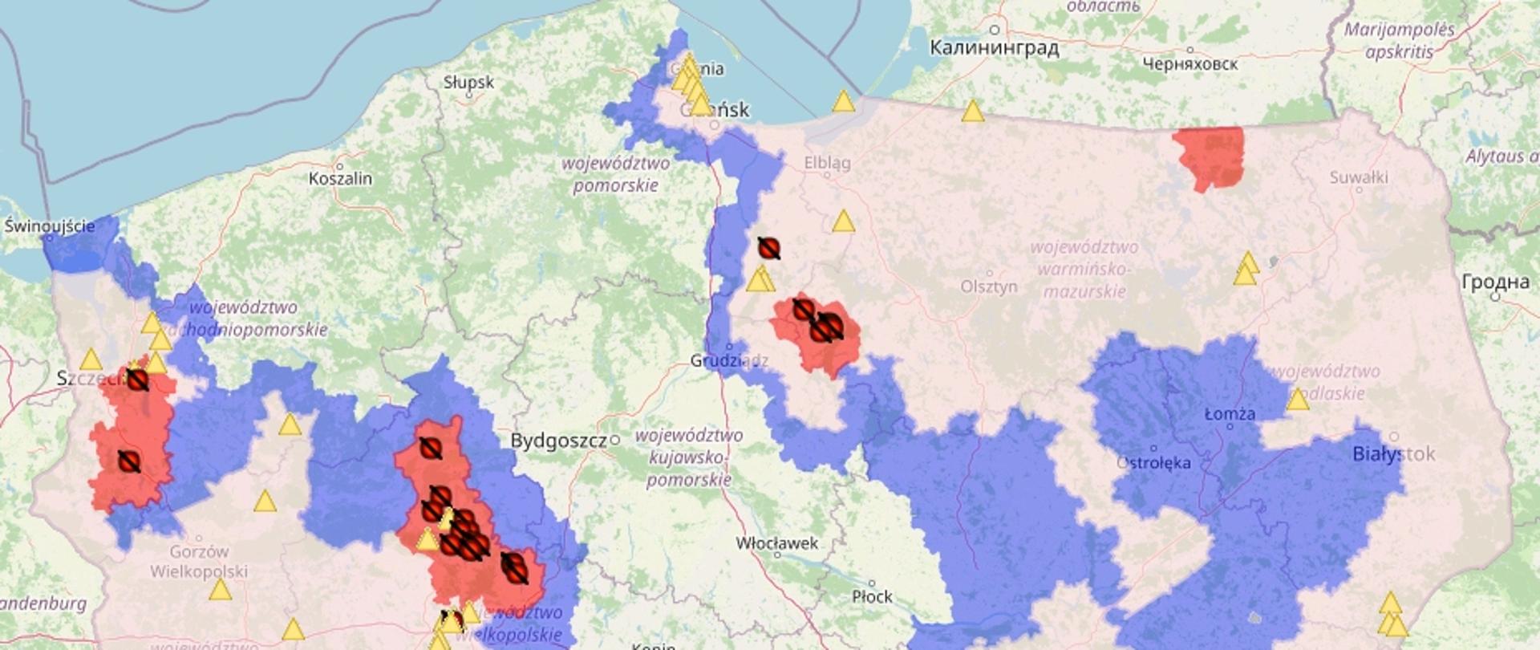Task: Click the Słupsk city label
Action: (468, 83)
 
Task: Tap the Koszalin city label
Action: (340, 178)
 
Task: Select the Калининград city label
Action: (994, 48)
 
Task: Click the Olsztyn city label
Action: (988, 286)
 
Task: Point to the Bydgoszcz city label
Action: (558, 441)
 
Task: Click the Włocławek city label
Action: (776, 543)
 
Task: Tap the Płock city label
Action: (872, 596)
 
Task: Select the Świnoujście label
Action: (50, 226)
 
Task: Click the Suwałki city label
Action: (1358, 177)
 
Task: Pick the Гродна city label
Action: (1495, 282)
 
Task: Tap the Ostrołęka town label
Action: (1153, 462)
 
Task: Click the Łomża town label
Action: (1230, 414)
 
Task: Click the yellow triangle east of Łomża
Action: (1297, 400)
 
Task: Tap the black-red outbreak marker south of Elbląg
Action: (768, 248)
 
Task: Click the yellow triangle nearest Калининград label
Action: (972, 112)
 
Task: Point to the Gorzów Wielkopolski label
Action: (198, 562)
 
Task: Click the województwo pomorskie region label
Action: (615, 174)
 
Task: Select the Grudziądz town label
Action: (728, 361)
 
